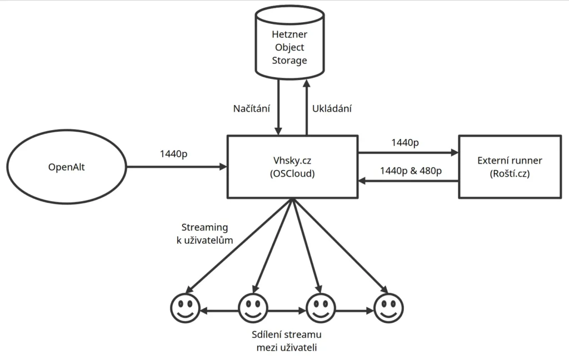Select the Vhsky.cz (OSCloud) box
292,166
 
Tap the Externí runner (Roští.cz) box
510,166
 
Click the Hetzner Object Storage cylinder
289,47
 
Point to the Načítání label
251,109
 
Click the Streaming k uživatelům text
204,234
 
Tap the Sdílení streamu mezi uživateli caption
287,341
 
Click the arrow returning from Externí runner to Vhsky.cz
408,181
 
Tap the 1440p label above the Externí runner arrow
405,143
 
